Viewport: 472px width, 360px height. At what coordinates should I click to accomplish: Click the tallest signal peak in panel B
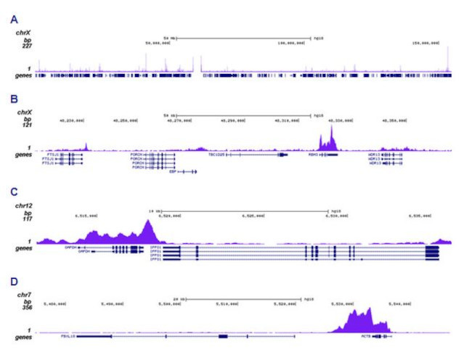(332, 129)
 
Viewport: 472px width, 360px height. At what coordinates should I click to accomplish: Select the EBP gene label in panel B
(171, 172)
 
